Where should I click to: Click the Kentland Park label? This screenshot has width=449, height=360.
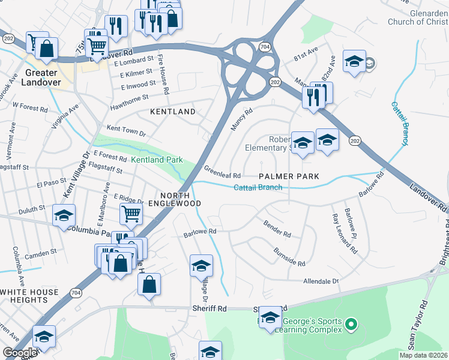(x=157, y=160)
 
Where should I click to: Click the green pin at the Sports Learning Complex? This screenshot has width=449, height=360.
(x=351, y=326)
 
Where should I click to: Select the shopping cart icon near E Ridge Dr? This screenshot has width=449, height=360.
(x=130, y=212)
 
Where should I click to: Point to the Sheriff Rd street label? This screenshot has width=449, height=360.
(x=208, y=308)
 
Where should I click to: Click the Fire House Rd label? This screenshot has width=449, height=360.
(x=163, y=70)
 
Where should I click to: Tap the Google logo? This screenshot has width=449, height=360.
(x=20, y=353)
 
